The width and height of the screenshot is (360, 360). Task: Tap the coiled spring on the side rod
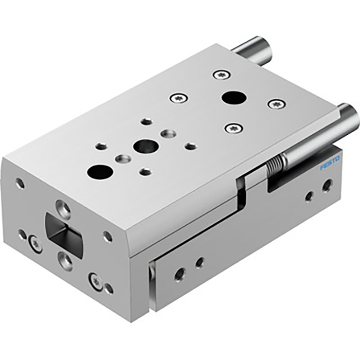(x=276, y=165)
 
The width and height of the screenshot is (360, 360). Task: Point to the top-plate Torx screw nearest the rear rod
(x=221, y=75)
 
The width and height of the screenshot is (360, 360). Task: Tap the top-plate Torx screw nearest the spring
(x=234, y=127)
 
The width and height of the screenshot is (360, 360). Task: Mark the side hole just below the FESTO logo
(x=327, y=186)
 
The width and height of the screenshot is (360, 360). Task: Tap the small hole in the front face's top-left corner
(x=20, y=182)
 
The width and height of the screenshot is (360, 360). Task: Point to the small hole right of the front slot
(x=107, y=237)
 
